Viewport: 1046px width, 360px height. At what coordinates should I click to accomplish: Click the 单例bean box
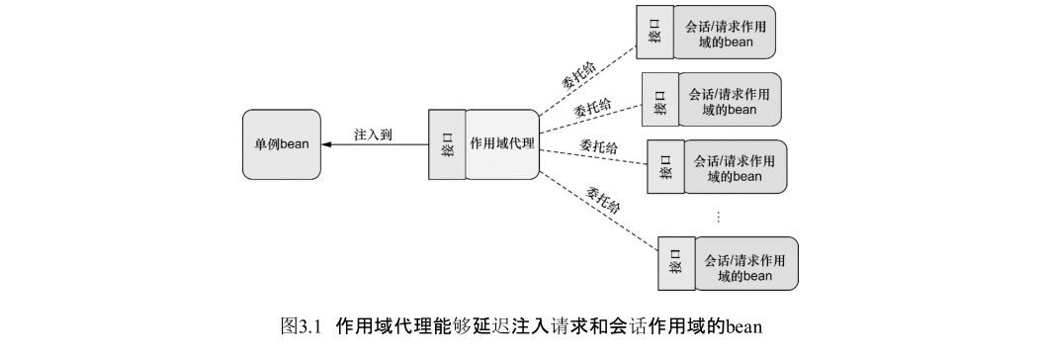tap(281, 144)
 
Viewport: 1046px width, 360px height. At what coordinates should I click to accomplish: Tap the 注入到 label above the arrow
tap(374, 135)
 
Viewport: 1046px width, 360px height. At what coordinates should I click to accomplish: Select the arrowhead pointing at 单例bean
tap(328, 144)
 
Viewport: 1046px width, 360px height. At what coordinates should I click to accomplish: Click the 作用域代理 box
tap(502, 144)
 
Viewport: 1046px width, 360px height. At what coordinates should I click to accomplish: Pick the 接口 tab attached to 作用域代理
tap(448, 144)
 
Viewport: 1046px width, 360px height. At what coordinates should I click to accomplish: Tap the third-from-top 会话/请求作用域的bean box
tap(735, 168)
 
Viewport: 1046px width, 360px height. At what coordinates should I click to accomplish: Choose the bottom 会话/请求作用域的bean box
tap(746, 263)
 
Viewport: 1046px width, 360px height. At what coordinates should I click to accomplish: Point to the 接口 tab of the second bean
tap(658, 101)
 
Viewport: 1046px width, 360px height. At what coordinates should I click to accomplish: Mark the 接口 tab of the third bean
tap(664, 168)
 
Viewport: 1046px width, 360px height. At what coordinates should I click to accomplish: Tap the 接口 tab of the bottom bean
tap(677, 263)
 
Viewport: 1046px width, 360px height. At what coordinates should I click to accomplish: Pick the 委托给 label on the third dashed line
tap(599, 147)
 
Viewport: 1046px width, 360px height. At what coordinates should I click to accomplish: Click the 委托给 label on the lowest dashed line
tap(602, 198)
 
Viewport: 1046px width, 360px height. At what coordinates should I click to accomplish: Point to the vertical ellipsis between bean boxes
tap(718, 215)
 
